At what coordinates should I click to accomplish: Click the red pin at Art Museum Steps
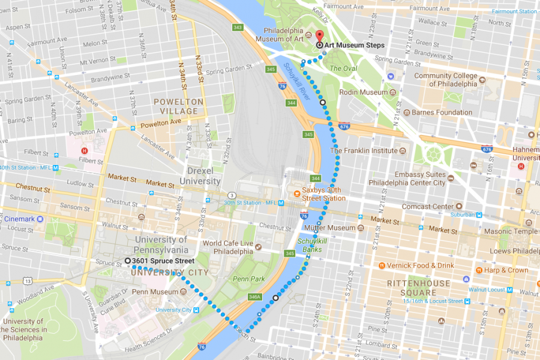[x=319, y=36]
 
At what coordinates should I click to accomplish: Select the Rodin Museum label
[x=364, y=92]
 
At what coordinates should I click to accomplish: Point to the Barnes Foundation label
[x=437, y=112]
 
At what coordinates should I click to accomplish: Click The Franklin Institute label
[x=363, y=151]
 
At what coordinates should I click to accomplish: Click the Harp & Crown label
[x=505, y=270]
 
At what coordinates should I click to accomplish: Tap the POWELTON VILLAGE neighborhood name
[x=179, y=107]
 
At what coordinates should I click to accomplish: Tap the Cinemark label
[x=20, y=219]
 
